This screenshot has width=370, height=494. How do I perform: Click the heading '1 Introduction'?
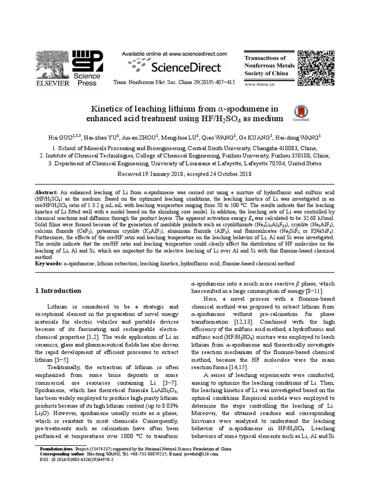(58, 291)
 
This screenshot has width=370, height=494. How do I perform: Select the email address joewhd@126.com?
(199, 454)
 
